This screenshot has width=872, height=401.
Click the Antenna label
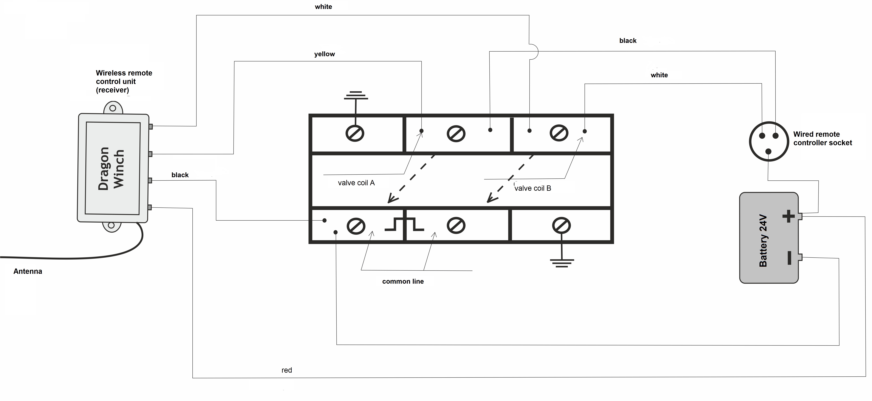28,271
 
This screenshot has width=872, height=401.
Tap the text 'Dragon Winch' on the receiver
111,169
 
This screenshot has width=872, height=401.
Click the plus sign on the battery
788,216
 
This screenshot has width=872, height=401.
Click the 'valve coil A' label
356,183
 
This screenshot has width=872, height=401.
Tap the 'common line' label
403,282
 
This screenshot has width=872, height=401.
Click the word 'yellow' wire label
324,54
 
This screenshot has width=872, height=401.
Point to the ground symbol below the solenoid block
562,263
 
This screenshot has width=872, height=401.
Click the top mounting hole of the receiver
113,108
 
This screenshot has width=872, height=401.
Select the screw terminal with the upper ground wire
355,133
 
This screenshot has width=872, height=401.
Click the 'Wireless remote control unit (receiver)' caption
124,82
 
